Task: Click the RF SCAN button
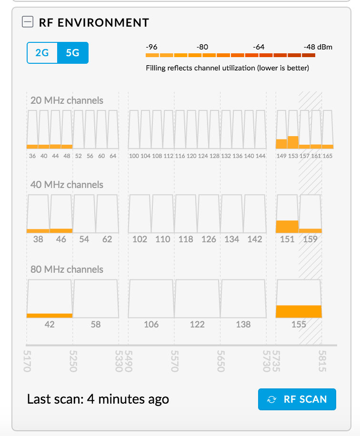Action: (x=297, y=399)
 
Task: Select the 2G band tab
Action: (x=42, y=53)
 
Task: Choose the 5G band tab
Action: (x=72, y=53)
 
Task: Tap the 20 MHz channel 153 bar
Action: (x=292, y=129)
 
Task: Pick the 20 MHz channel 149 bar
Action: (x=281, y=129)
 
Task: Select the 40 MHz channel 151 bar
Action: (x=287, y=214)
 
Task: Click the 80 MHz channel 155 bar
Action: (x=299, y=298)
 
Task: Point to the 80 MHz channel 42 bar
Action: (x=50, y=298)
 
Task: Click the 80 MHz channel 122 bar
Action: (x=197, y=298)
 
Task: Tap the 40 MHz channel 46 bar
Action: (x=61, y=214)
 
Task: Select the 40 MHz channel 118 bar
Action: (x=186, y=214)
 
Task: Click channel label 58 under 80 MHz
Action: (x=96, y=325)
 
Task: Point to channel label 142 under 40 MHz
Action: (x=255, y=239)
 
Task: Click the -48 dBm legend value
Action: (x=318, y=47)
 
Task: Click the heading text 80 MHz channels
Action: (x=67, y=269)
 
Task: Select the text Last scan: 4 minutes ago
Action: (x=98, y=399)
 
